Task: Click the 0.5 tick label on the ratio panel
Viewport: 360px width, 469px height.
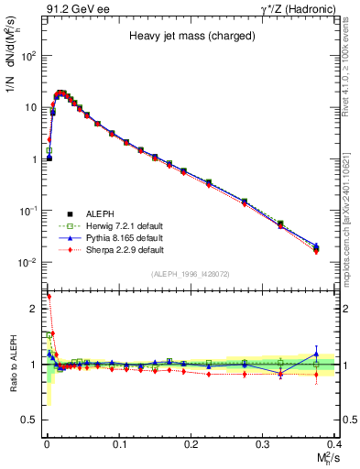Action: coord(31,420)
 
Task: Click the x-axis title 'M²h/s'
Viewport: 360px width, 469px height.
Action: coord(324,457)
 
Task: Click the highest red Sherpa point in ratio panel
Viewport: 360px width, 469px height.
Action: coord(49,296)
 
